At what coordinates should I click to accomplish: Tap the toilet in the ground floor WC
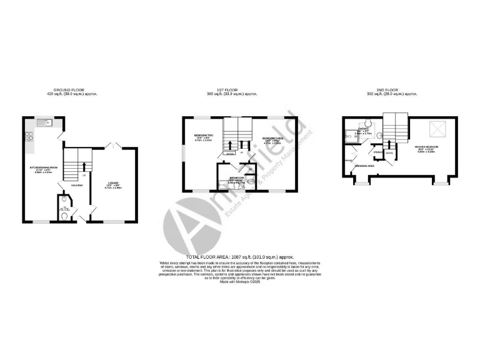pyautogui.click(x=66, y=217)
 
